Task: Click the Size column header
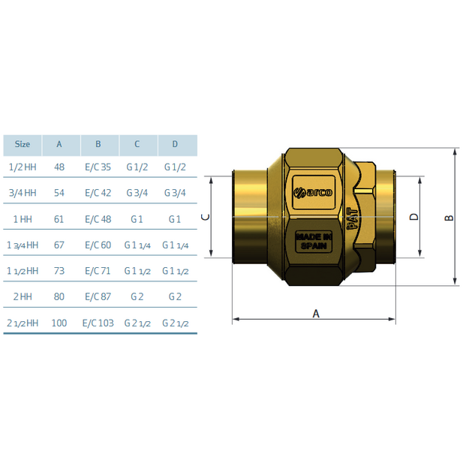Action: coord(23,144)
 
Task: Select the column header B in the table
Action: coord(98,144)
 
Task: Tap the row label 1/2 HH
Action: coord(23,167)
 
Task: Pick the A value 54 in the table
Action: coord(59,193)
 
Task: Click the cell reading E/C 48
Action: coord(98,219)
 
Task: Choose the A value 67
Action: coord(59,245)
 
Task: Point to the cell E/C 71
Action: coord(98,271)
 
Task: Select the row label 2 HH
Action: coord(23,296)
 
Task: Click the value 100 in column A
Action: coord(59,323)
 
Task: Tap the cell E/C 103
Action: coord(98,323)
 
